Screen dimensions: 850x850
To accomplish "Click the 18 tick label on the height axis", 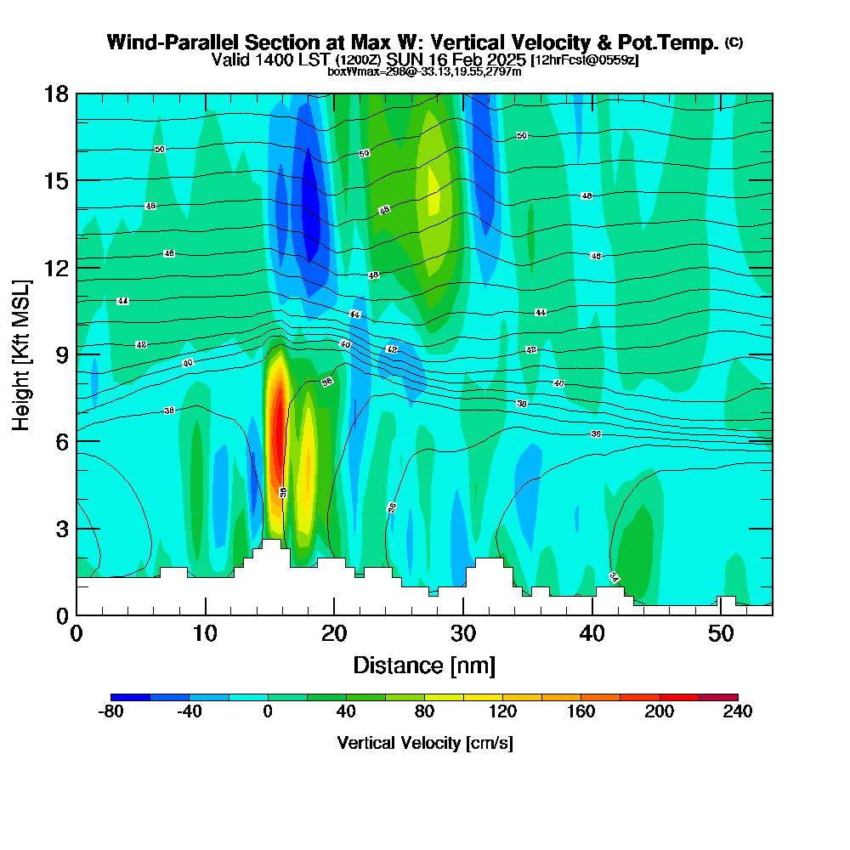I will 56,93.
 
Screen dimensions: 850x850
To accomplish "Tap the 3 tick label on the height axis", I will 62,528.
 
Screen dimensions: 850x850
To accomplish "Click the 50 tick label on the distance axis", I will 721,634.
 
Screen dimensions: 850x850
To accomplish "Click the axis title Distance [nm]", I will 424,664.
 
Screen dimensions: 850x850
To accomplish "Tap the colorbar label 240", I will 737,712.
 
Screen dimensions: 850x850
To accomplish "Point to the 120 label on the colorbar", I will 502,712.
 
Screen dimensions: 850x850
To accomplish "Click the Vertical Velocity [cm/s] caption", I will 424,743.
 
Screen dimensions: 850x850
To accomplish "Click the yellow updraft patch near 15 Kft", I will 433,191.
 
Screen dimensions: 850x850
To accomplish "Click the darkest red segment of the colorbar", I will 718,697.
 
